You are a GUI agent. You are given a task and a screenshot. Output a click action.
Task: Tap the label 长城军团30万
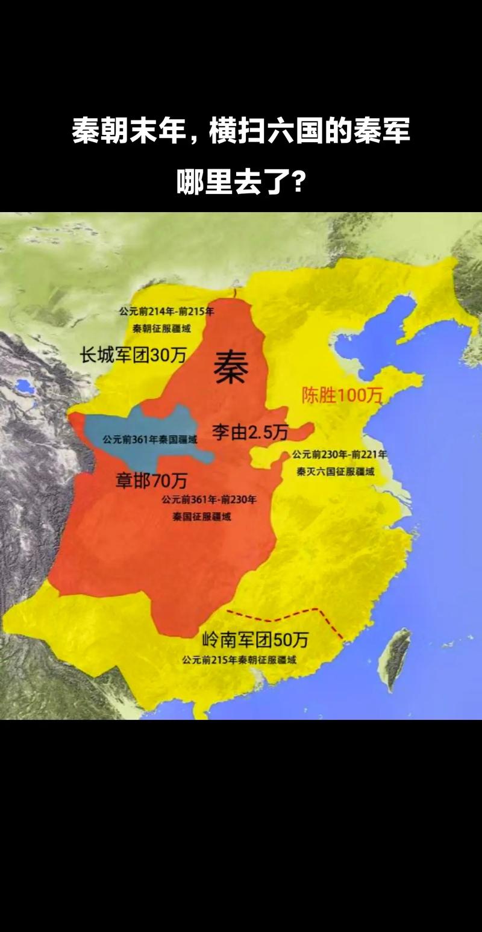coord(133,355)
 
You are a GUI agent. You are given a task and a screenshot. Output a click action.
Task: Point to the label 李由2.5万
coord(249,431)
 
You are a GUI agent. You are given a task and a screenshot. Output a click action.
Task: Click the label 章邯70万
coord(151,480)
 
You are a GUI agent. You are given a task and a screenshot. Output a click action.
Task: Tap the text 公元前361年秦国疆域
coord(149,440)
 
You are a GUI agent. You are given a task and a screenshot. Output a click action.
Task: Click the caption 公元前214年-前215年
coord(166,311)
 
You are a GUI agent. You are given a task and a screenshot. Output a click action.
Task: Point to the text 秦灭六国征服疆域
coord(336,472)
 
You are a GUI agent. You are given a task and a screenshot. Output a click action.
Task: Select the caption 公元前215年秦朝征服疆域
coord(239,660)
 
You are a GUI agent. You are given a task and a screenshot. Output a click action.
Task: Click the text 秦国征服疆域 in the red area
coord(201,517)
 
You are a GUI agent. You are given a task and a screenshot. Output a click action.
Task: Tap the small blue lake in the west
coord(25,385)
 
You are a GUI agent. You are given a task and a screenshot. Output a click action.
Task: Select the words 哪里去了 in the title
coord(232,181)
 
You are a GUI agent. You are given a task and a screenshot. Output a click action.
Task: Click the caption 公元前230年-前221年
coord(339,454)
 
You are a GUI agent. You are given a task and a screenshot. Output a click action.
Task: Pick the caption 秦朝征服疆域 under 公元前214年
coord(166,329)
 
